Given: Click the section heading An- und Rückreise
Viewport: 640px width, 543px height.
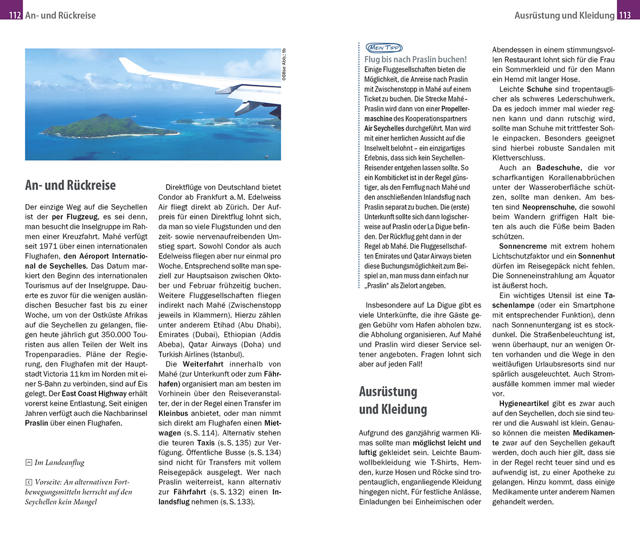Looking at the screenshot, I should pyautogui.click(x=70, y=185).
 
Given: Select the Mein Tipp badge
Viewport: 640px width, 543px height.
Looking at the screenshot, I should pyautogui.click(x=384, y=47).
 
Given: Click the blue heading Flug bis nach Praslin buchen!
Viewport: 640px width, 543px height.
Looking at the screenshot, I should pyautogui.click(x=415, y=59).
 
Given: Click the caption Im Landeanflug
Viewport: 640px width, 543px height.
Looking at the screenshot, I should pyautogui.click(x=59, y=463).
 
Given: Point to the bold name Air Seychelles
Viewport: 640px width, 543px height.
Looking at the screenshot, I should pyautogui.click(x=385, y=128).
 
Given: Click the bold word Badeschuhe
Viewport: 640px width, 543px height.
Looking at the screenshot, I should pyautogui.click(x=559, y=168).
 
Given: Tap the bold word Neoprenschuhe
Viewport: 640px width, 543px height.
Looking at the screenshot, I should pyautogui.click(x=548, y=207).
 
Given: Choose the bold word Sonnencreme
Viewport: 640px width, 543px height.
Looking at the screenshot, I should pyautogui.click(x=522, y=246).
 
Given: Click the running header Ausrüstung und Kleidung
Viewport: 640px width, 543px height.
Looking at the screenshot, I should pyautogui.click(x=564, y=15).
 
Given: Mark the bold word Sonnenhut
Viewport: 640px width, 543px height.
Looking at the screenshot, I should pyautogui.click(x=596, y=256).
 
